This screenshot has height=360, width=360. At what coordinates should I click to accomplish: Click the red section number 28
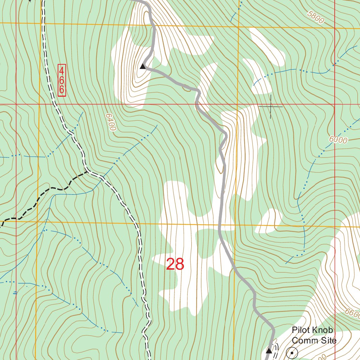tap(175, 264)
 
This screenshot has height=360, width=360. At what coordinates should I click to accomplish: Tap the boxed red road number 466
tap(62, 80)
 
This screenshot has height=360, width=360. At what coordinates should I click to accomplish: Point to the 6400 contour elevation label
tap(110, 122)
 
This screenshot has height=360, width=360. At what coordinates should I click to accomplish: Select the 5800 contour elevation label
tap(315, 17)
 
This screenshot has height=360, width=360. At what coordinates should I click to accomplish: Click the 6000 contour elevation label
tap(338, 140)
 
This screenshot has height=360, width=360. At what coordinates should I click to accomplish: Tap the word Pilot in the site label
tap(302, 330)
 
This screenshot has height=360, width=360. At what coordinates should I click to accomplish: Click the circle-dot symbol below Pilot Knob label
tap(292, 352)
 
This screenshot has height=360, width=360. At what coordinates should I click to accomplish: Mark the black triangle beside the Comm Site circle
tap(269, 351)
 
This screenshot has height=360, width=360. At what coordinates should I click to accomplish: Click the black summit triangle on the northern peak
tap(142, 66)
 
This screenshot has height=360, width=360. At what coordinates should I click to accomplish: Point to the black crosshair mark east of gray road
tap(270, 106)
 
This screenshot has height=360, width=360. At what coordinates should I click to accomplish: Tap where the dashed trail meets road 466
tap(87, 172)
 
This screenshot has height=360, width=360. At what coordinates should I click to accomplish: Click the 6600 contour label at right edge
tap(352, 313)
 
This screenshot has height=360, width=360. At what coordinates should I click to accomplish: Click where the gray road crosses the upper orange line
tap(154, 25)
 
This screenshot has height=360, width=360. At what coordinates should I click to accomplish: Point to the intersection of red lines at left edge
tap(16, 104)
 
